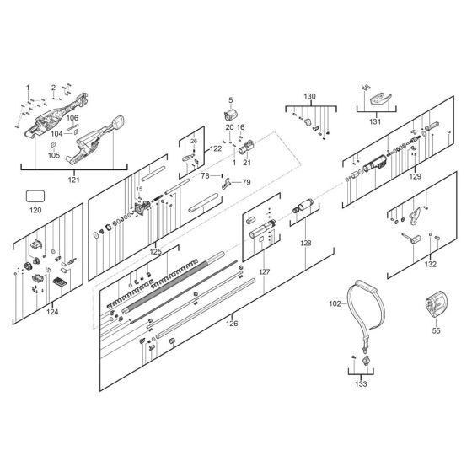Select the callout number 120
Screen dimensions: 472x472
tap(35, 211)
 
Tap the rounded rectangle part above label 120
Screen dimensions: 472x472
tap(35, 195)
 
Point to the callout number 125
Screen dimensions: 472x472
tap(155, 251)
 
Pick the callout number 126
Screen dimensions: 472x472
tap(233, 321)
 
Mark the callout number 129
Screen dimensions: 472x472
tap(413, 179)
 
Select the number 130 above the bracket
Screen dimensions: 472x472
tap(309, 97)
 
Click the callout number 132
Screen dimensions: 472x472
tap(431, 264)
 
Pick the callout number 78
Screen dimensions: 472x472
tap(205, 175)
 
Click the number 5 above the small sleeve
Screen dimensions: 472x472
tap(229, 99)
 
